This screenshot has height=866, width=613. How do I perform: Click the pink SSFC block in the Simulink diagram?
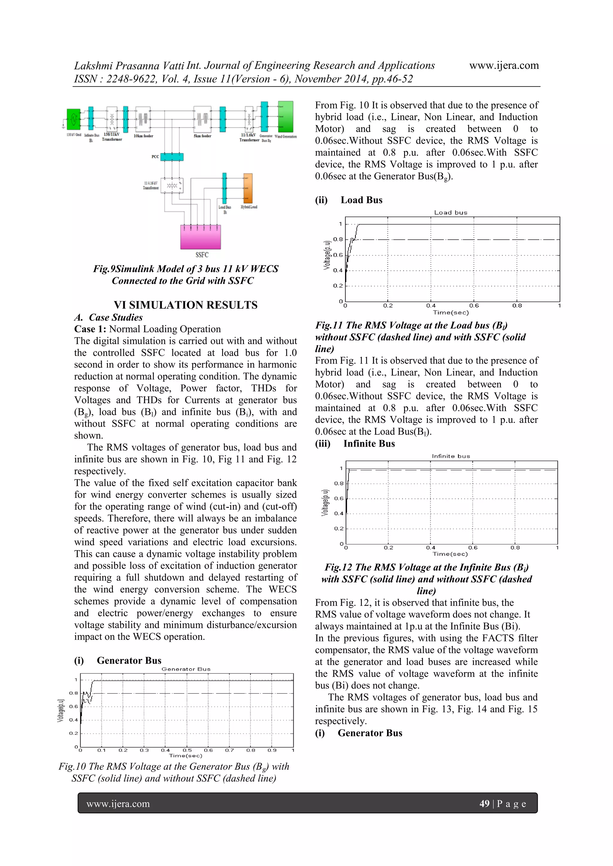tap(201, 237)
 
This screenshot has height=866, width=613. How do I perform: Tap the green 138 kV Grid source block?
tap(73, 119)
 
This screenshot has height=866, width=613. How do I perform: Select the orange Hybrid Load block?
tap(248, 188)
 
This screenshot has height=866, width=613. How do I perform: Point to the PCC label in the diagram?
tap(155, 156)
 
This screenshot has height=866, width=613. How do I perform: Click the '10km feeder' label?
tap(143, 136)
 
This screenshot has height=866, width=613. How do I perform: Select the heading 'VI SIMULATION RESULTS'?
tap(185, 305)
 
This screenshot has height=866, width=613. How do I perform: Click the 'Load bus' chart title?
tap(451, 213)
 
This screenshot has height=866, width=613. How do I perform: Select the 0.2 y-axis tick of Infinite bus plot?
tap(339, 529)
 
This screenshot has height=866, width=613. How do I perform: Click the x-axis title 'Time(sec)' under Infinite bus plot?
tap(450, 554)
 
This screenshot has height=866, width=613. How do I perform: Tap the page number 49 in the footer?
tap(484, 804)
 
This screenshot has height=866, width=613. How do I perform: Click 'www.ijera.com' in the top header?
tap(504, 65)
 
